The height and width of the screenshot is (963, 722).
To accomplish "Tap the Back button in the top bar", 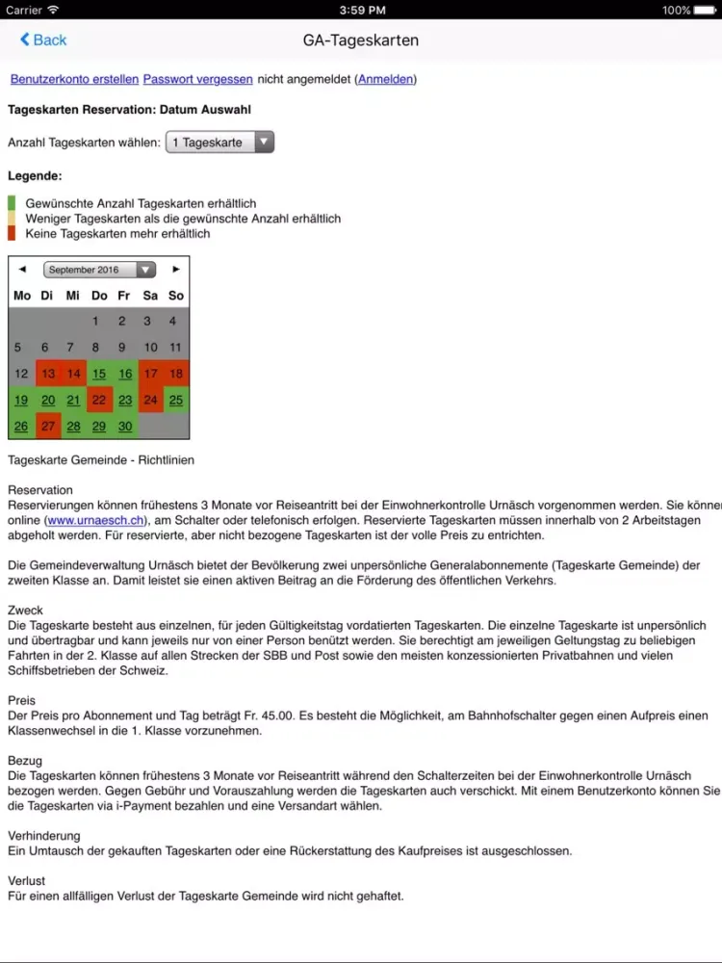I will (43, 39).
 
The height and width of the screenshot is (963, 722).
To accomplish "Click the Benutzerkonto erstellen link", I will (74, 79).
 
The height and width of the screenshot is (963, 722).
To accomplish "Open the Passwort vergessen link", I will (197, 79).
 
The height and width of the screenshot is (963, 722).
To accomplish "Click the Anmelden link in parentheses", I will (386, 79).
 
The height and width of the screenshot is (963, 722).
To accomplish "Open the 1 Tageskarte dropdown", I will (219, 143).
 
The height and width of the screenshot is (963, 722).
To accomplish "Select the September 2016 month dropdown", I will (99, 270).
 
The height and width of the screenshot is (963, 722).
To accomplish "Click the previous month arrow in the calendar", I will (22, 270).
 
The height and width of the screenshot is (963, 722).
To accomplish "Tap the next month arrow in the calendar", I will (176, 270).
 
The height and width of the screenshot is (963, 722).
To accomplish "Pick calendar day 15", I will (99, 374).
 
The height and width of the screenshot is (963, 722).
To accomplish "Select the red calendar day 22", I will (99, 400).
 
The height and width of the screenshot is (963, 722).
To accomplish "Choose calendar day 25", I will (175, 400).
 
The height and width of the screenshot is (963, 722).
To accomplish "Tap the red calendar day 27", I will (48, 426).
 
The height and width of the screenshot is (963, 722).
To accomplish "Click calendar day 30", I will (125, 426).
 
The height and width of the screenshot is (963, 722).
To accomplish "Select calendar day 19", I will (21, 400).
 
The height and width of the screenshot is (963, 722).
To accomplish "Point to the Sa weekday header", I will (150, 296).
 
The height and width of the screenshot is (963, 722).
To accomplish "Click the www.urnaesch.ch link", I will (94, 520).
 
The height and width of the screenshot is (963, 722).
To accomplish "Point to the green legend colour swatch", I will (12, 203).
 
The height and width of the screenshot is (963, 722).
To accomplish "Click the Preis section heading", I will (21, 701).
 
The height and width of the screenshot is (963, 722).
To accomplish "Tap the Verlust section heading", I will (26, 881).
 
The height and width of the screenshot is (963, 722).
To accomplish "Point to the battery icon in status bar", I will (705, 11).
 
